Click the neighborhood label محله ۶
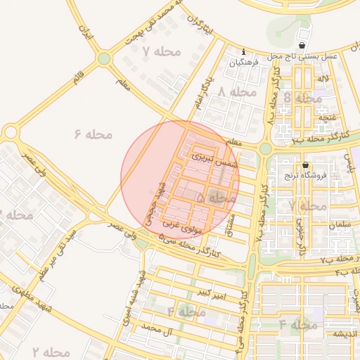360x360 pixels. pyautogui.click(x=94, y=133)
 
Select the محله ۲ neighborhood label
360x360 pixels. pyautogui.click(x=51, y=352)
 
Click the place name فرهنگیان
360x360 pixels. pyautogui.click(x=244, y=63)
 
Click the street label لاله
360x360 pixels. pyautogui.click(x=323, y=79)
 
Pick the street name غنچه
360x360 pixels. pyautogui.click(x=328, y=117)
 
